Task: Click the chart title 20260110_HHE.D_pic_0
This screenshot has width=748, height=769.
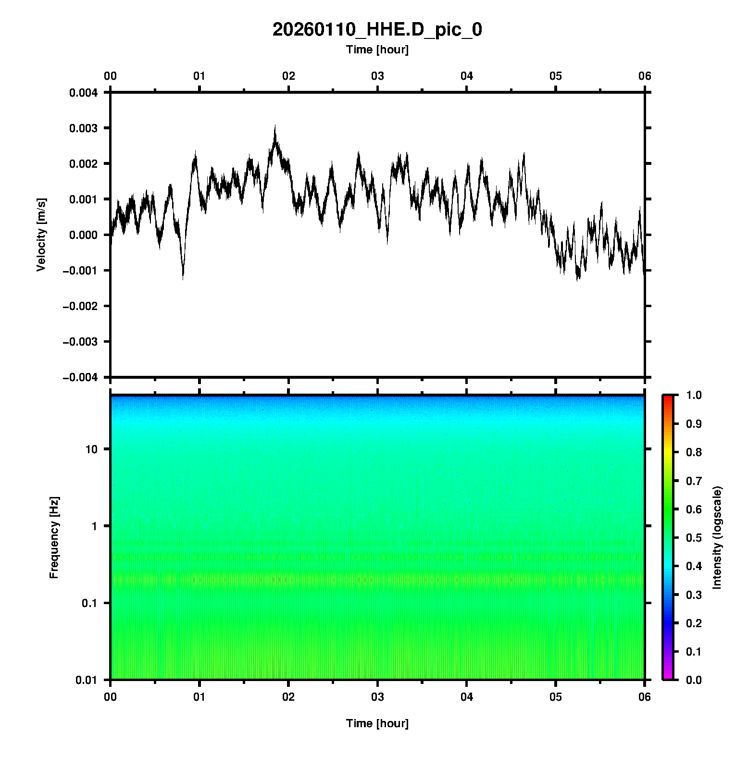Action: point(377,30)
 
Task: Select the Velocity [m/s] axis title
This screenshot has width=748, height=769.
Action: point(41,235)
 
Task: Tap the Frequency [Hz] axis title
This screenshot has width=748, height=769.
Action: point(54,537)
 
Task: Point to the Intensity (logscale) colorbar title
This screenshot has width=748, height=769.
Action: point(717,537)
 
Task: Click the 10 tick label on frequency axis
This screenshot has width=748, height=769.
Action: point(91,450)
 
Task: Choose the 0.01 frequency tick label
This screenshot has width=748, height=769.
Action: point(87,680)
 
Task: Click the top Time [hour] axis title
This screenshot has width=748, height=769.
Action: point(377,50)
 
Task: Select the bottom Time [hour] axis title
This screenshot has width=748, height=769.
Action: point(377,723)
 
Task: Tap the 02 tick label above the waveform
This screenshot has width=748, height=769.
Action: point(288,76)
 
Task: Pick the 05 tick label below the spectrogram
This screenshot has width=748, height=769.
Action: point(556,697)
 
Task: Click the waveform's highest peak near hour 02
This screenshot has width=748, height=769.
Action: point(275,126)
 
